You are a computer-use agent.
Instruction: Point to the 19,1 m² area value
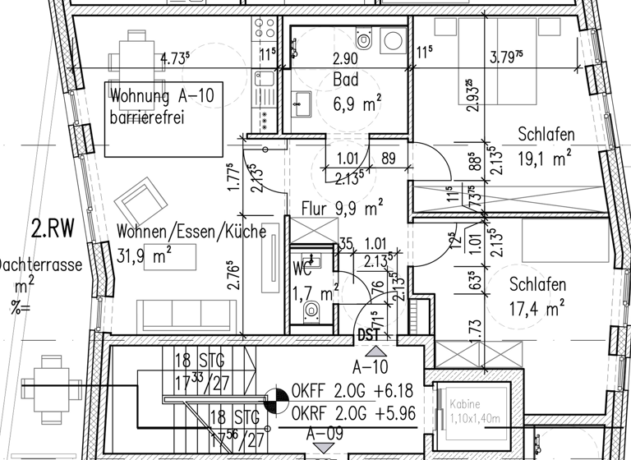[544, 157]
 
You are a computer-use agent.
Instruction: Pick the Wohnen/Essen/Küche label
[191, 231]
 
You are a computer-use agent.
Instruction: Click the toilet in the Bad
[365, 39]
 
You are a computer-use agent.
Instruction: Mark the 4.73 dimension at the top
[175, 59]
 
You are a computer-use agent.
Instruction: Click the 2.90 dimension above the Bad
[344, 59]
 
